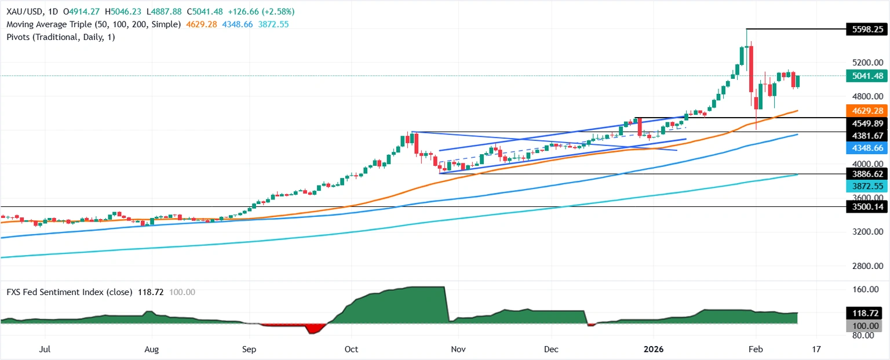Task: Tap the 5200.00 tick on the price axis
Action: click(x=867, y=63)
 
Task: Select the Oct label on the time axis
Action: click(x=352, y=350)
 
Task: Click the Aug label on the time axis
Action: click(x=151, y=350)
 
